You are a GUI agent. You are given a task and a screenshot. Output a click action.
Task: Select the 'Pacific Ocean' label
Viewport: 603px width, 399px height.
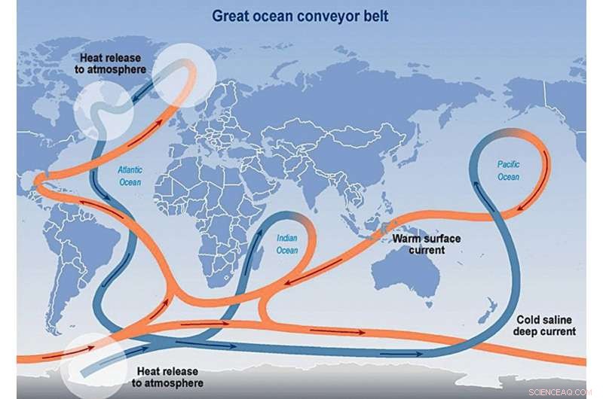coord(508,171)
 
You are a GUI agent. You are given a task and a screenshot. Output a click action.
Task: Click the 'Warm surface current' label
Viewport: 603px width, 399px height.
coord(417,244)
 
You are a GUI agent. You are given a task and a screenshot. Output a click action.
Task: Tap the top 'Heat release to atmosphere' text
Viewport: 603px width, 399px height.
coord(115,62)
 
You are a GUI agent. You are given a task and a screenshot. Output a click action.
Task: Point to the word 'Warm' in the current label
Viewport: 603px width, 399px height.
coord(405,239)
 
